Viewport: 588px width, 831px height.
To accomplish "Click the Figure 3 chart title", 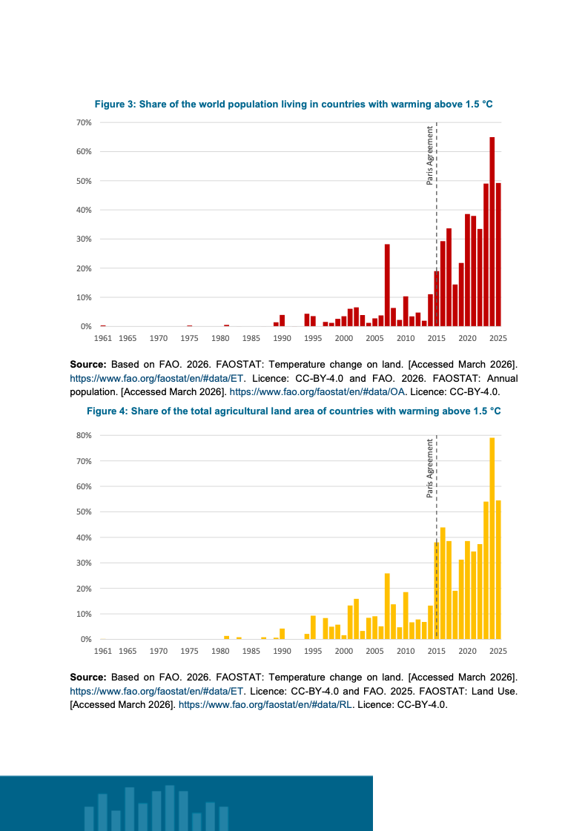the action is pos(294,105).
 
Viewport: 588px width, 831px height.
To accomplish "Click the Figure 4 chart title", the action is pos(294,411).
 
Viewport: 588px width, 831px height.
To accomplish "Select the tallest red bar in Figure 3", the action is pos(492,231).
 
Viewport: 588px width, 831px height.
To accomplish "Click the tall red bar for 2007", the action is pos(387,285).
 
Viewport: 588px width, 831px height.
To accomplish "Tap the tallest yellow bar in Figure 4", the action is pos(492,538).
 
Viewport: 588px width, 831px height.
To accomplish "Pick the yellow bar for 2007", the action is pos(387,606).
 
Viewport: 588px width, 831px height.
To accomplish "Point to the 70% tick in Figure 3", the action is pos(84,122).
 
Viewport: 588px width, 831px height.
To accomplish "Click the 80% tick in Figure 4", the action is pos(84,436).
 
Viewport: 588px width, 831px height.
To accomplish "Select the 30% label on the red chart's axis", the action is pos(84,239).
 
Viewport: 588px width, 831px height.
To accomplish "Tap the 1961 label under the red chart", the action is pos(103,338).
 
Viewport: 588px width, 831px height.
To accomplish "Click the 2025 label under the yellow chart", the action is pos(498,651).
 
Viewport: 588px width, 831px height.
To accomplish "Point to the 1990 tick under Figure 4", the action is pos(282,651).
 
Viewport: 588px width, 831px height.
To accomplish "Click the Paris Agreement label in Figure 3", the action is pos(429,155).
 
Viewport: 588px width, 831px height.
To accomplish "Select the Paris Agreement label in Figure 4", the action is pos(429,468).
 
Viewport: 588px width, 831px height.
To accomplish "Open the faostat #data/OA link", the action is pos(317,392).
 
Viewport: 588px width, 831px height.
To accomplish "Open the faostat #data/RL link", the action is pos(265,705).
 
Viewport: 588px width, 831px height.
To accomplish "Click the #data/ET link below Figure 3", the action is pos(157,378).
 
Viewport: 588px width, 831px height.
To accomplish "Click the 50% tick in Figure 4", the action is pos(84,512).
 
